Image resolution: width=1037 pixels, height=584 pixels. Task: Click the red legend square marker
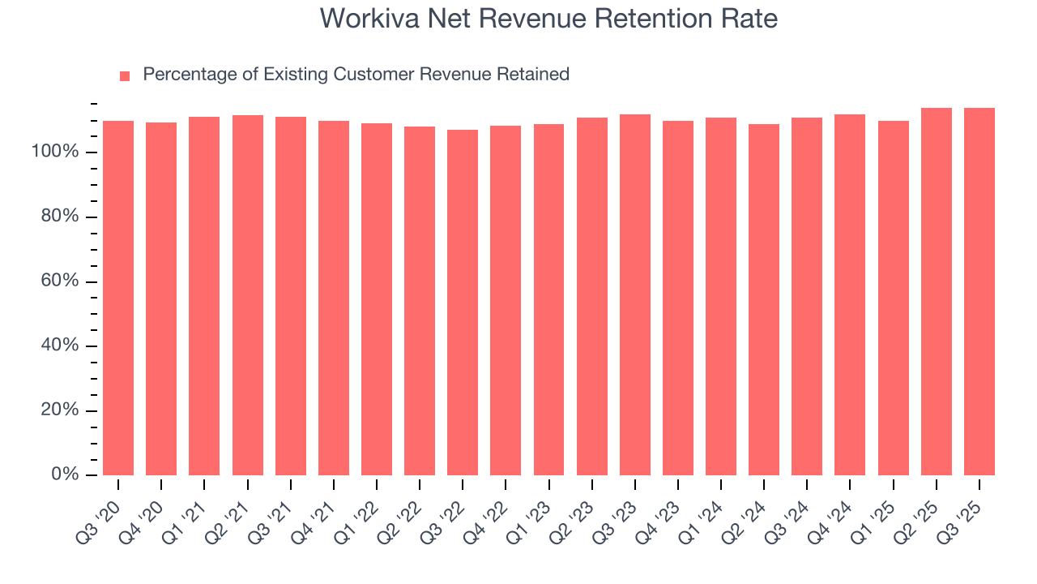[125, 75]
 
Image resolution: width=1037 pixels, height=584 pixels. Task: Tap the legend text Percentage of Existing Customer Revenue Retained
[356, 75]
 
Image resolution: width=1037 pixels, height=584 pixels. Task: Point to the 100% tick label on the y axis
[55, 152]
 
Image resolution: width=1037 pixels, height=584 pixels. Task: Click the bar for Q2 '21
[247, 295]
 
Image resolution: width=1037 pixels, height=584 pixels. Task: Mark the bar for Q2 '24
[764, 299]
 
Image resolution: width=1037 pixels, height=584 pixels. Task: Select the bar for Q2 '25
[937, 291]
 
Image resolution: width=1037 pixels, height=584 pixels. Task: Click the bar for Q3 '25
[979, 291]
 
